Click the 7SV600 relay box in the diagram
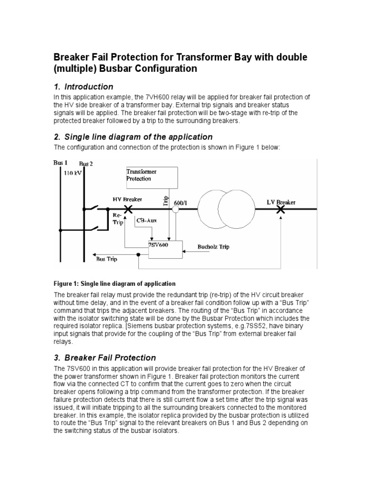[x=165, y=249]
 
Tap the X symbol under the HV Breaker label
[x=127, y=209]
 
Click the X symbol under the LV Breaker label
[x=281, y=209]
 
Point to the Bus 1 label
[x=60, y=163]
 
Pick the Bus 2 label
[x=86, y=164]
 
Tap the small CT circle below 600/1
[x=175, y=209]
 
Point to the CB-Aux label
[x=145, y=221]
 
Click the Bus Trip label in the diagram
[x=107, y=259]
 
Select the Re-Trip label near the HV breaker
[x=117, y=218]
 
